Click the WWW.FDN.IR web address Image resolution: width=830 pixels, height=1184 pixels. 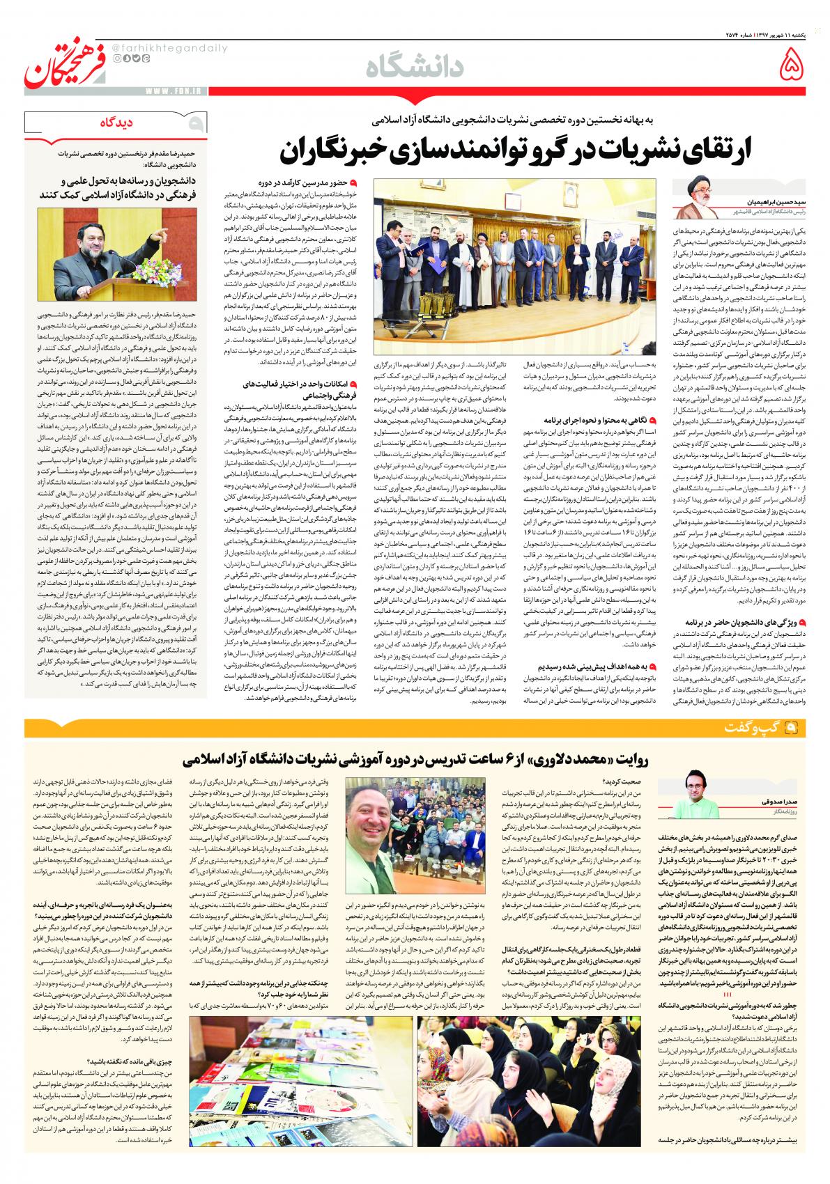pyautogui.click(x=162, y=89)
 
